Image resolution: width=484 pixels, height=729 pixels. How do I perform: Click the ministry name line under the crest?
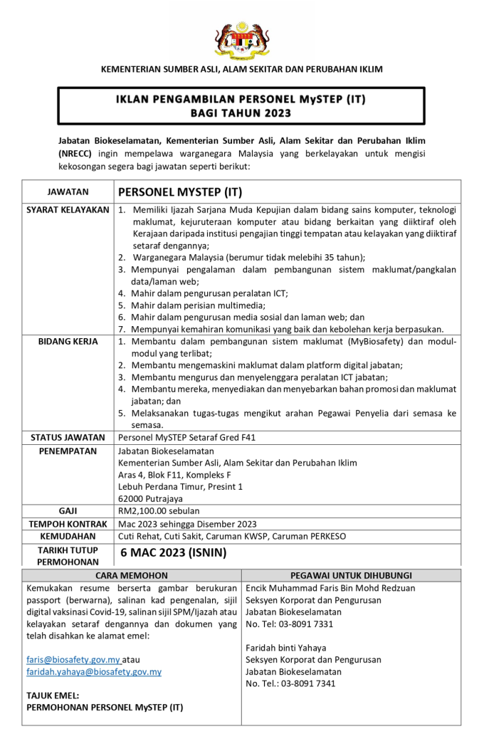pos(241,70)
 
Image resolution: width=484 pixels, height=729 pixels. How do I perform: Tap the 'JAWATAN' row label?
pos(68,192)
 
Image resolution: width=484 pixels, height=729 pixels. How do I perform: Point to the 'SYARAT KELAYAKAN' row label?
pos(68,210)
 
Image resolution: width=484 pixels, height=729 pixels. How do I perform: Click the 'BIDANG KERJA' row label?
pos(68,342)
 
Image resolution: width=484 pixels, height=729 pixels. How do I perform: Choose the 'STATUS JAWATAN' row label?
pos(68,438)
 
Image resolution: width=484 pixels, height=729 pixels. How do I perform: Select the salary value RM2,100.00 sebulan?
pos(159,510)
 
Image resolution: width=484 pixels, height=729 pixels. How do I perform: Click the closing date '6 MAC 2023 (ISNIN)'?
pos(174,553)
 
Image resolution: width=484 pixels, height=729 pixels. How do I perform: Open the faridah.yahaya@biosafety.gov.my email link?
pos(93,671)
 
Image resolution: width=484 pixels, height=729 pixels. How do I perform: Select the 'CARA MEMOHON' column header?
pos(132,575)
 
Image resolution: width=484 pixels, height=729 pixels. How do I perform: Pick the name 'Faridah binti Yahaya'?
pos(286,648)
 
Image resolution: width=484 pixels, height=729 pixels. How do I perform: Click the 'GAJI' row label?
pos(68,510)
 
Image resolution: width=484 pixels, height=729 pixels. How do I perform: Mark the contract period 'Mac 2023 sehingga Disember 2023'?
pos(187,523)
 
